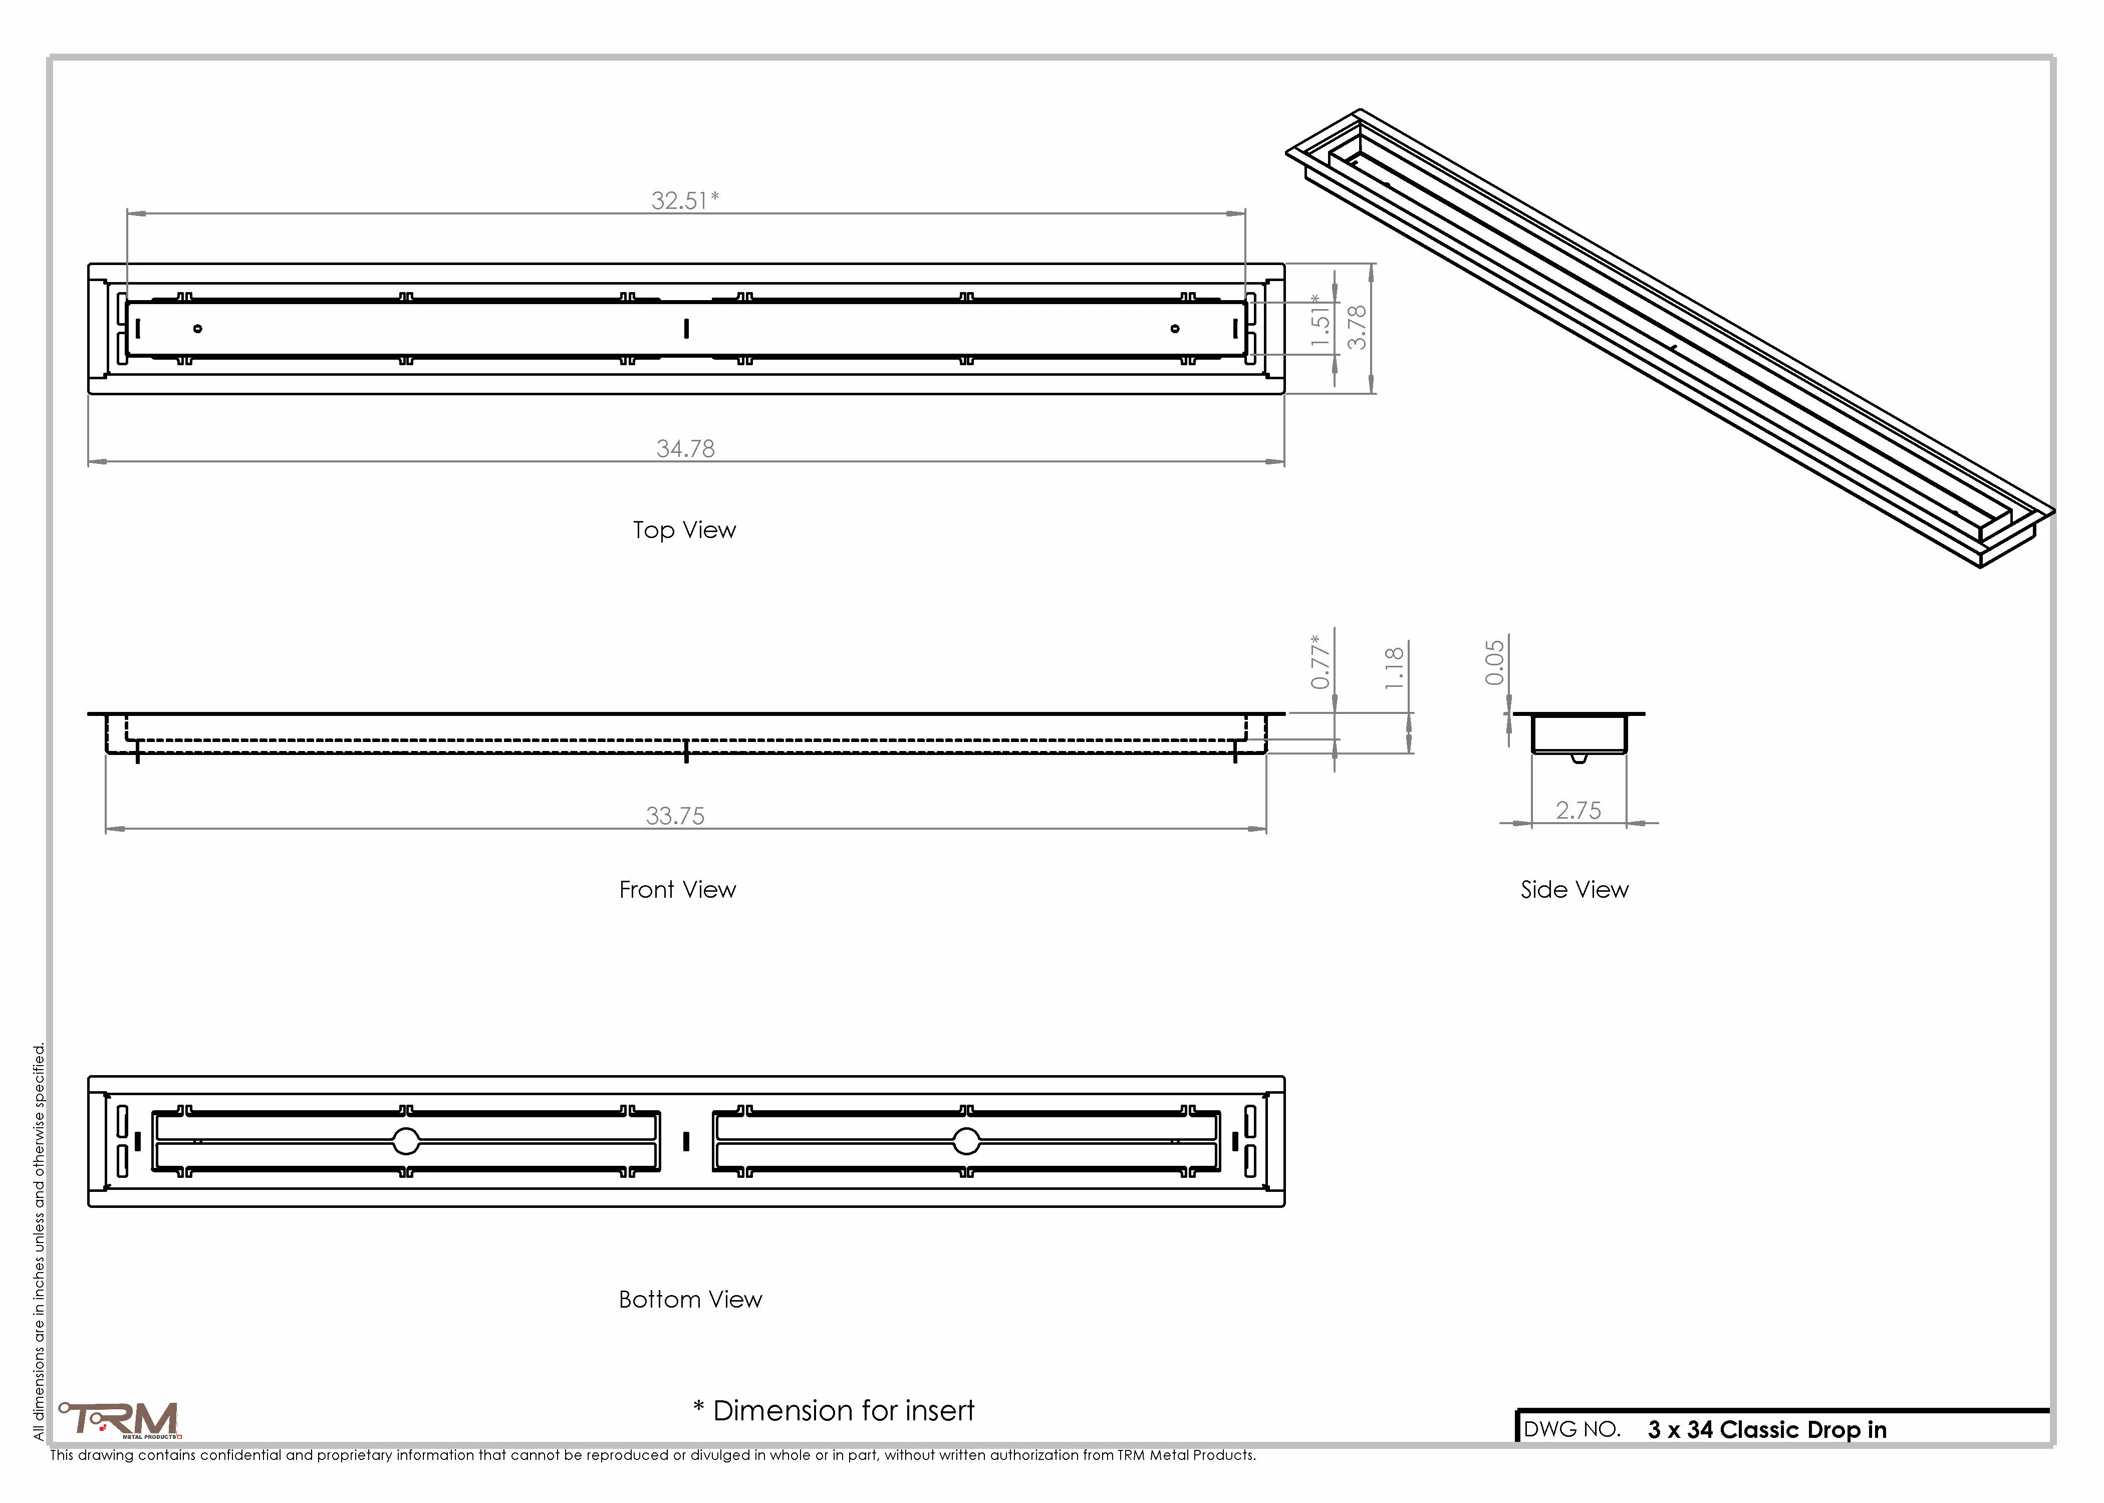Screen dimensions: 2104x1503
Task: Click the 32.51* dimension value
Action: pyautogui.click(x=685, y=200)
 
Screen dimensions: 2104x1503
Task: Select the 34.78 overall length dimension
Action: pyautogui.click(x=686, y=449)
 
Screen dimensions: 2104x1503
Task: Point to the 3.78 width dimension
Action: pyautogui.click(x=1357, y=328)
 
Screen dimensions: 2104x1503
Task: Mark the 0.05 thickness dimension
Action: pyautogui.click(x=1494, y=663)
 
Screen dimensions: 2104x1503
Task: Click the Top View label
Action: pyautogui.click(x=685, y=530)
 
